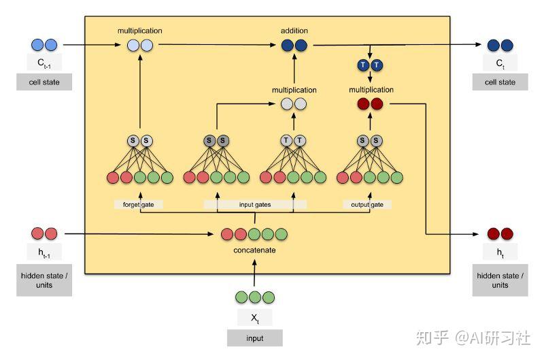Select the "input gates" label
(x=255, y=204)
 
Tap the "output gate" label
(x=367, y=204)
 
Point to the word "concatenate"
(x=255, y=250)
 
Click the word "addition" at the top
(x=294, y=31)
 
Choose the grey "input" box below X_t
(x=254, y=338)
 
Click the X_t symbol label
(x=254, y=318)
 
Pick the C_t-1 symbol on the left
(x=44, y=63)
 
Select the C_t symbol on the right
(x=500, y=63)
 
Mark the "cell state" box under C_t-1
(x=44, y=82)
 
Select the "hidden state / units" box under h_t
(x=500, y=280)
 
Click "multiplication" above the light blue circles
(x=139, y=31)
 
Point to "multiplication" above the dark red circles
(x=371, y=89)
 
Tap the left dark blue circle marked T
(x=363, y=65)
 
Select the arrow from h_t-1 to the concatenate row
(x=136, y=233)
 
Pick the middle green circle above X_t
(x=254, y=297)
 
